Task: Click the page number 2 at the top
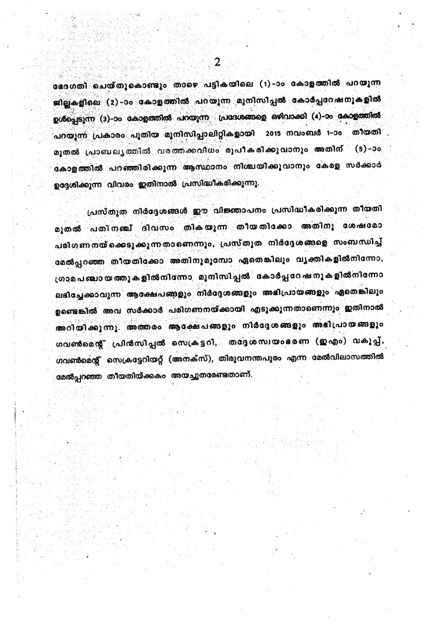coord(217,62)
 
